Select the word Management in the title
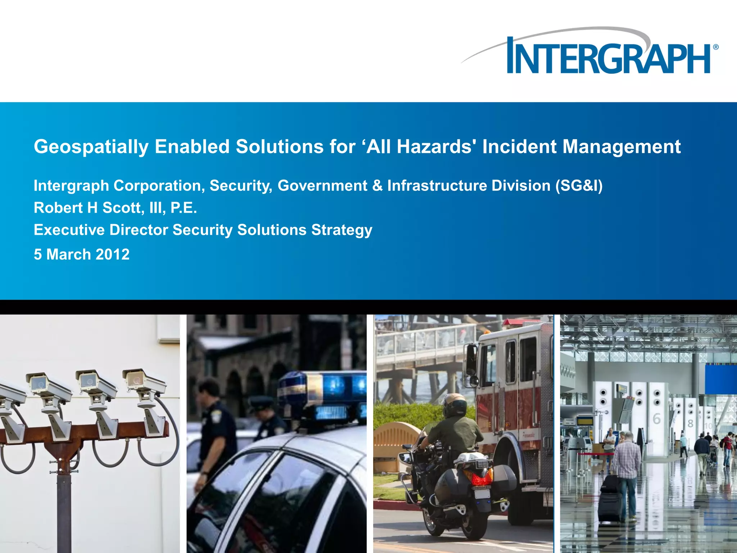(x=621, y=147)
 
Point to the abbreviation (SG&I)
(x=579, y=186)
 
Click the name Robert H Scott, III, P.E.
(x=115, y=208)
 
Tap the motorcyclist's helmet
(x=454, y=405)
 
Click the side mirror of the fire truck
(x=471, y=360)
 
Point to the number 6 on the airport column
(x=656, y=419)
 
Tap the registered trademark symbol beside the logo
(x=715, y=47)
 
